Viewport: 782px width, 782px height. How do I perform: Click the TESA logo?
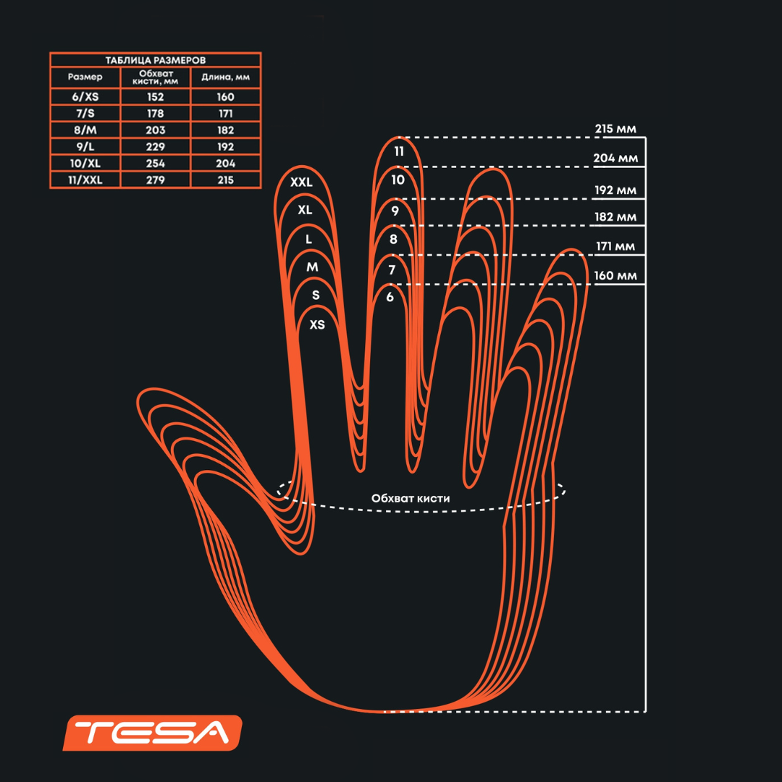point(152,733)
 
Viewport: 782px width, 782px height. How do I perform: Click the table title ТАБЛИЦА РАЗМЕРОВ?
point(155,60)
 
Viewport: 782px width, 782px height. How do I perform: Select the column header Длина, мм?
point(225,77)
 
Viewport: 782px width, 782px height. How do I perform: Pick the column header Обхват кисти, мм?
point(155,77)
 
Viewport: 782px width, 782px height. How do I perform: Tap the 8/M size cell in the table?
point(85,130)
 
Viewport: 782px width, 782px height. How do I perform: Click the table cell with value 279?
point(155,180)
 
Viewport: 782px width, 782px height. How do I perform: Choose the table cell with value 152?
point(155,97)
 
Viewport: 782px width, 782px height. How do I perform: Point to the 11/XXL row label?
point(85,180)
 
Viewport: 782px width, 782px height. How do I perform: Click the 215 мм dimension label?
point(615,129)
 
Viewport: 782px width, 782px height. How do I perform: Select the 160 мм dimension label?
point(615,276)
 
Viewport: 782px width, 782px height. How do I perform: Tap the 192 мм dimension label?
point(615,190)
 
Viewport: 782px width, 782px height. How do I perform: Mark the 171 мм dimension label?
point(615,247)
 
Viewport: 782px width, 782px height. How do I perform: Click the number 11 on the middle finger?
point(399,152)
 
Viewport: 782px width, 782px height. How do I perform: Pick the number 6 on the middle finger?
point(390,296)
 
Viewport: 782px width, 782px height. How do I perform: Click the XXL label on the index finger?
point(301,182)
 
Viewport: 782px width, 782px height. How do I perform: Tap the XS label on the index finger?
point(317,324)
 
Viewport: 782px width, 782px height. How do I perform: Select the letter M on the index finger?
point(312,267)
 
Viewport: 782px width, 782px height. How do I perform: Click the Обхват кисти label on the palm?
point(411,498)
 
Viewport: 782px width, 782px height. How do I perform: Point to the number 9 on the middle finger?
point(395,211)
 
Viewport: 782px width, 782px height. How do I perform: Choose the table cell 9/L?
point(85,147)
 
